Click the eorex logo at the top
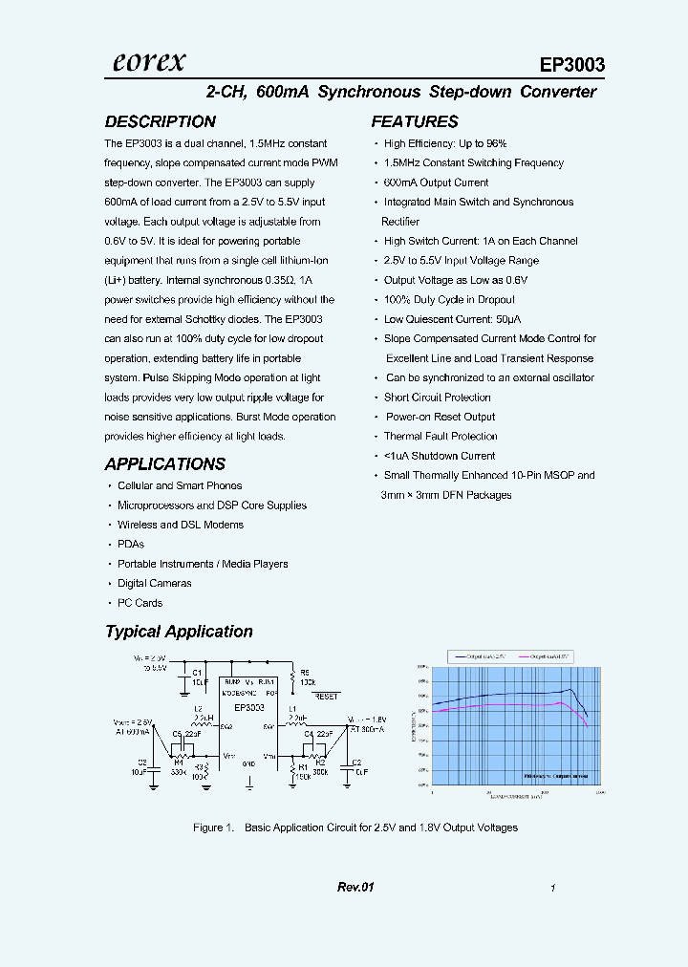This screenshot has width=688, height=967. tap(149, 62)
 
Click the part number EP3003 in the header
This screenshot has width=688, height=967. tap(571, 65)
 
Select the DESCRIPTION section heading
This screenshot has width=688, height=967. tap(160, 121)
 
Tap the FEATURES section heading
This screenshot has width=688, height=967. tap(414, 121)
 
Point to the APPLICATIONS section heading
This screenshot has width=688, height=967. tap(164, 463)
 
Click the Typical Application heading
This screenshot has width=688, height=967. tap(179, 632)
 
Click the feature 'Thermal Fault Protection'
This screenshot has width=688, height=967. tap(441, 437)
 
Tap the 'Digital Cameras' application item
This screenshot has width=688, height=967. tap(154, 583)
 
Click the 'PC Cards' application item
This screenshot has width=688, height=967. tap(140, 603)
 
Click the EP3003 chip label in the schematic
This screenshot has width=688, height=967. tap(248, 707)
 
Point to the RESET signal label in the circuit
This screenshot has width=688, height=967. tap(326, 697)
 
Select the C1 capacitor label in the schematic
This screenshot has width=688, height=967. tap(197, 672)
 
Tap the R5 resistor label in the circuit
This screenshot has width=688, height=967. tap(305, 672)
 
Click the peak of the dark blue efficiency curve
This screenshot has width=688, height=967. tap(571, 690)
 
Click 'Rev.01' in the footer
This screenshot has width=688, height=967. tap(355, 888)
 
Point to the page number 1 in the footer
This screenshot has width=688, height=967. tap(553, 889)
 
